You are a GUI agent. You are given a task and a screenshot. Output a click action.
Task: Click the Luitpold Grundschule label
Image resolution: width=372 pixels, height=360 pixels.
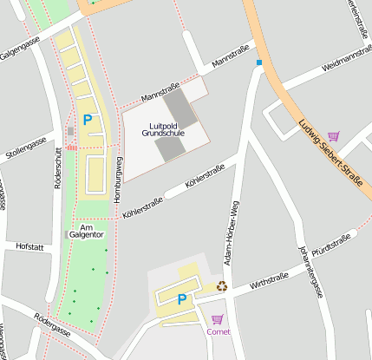pos(164,130)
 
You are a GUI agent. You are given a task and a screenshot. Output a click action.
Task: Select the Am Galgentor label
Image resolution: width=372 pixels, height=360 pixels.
pos(86,231)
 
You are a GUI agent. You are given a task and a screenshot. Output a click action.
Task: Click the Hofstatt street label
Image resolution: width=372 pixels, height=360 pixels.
pos(29,246)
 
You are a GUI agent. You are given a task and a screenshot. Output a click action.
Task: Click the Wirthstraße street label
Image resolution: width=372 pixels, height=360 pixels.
pos(268,279)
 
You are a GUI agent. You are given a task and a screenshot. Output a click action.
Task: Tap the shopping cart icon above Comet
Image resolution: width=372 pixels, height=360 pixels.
pos(217,318)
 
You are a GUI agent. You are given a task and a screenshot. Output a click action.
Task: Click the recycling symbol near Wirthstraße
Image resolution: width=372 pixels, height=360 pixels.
pos(222,285)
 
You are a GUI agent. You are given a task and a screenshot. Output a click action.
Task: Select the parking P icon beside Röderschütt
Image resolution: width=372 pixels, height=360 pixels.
pos(87,121)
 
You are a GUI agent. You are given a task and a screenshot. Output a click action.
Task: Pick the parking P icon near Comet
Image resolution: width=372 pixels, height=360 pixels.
pos(181,299)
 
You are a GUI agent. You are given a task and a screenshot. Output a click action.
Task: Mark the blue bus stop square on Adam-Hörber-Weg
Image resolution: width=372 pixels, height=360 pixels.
pos(258,62)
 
